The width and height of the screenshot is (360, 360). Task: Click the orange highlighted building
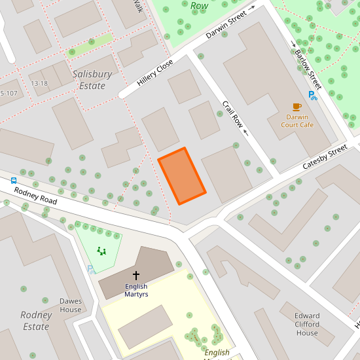click(182, 176)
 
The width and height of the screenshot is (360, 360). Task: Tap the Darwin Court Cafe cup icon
click(297, 106)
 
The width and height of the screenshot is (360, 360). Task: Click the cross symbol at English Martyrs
click(136, 276)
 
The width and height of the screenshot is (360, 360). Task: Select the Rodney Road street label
click(35, 196)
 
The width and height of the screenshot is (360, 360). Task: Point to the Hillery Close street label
click(155, 73)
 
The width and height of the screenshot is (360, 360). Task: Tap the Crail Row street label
click(232, 115)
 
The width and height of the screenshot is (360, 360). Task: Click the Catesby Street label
click(325, 158)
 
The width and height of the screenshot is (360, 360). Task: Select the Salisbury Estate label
click(92, 80)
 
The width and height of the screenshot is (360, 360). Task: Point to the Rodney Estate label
click(36, 321)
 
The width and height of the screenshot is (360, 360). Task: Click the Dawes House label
click(71, 306)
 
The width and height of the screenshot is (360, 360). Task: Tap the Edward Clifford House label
click(307, 324)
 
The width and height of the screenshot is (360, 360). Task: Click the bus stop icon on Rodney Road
click(13, 180)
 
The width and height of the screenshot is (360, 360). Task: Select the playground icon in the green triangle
click(101, 250)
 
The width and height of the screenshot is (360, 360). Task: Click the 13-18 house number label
click(39, 83)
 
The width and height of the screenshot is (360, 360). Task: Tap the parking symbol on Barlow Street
click(313, 96)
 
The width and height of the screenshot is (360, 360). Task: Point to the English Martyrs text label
click(136, 291)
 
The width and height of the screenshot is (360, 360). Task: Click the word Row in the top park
click(199, 6)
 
